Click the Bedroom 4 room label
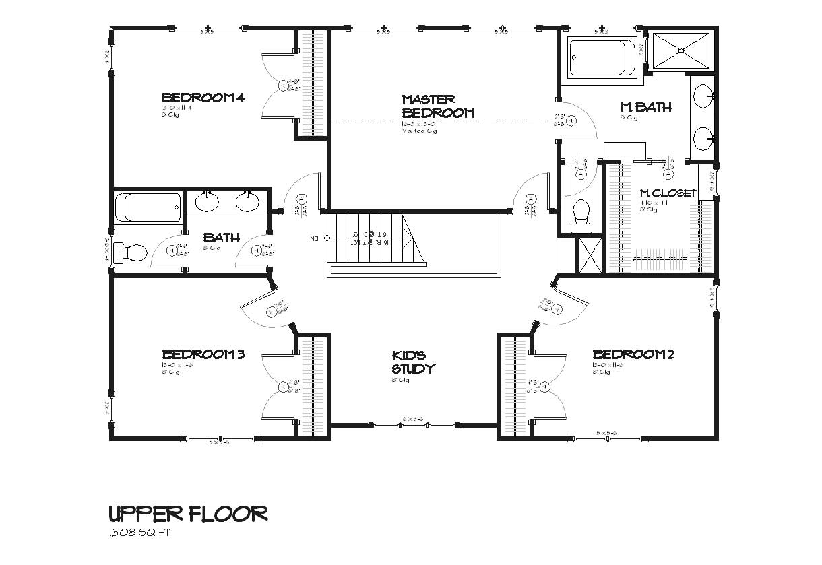[x=202, y=97]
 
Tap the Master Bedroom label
[x=438, y=106]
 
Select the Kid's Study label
[x=413, y=362]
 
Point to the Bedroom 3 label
[x=203, y=354]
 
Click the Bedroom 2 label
[x=633, y=354]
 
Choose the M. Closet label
[x=667, y=193]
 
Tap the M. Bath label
[x=645, y=107]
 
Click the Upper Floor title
[x=188, y=514]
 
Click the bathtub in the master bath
[x=602, y=58]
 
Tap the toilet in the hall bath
[x=131, y=253]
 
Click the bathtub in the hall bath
[x=148, y=207]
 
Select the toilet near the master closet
[x=580, y=215]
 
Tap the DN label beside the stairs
[x=314, y=238]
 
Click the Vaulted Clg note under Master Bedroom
[x=419, y=131]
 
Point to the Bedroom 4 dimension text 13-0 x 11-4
[x=177, y=108]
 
